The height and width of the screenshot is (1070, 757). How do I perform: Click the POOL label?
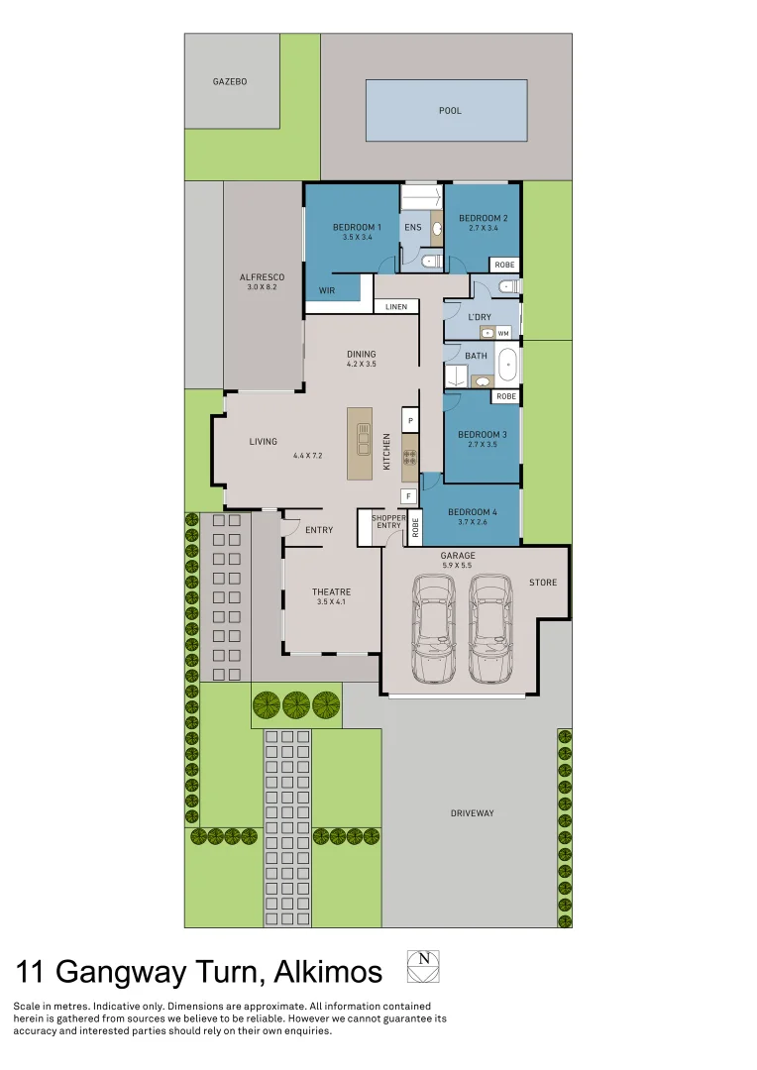click(450, 111)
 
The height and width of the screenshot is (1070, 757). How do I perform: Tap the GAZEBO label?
click(230, 81)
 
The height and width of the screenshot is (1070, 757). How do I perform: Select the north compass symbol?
click(423, 966)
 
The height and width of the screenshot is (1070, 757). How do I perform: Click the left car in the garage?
click(433, 630)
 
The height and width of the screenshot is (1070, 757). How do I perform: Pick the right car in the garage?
click(489, 630)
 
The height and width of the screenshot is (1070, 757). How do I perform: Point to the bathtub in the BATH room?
click(507, 365)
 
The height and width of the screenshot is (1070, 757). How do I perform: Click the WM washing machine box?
click(503, 334)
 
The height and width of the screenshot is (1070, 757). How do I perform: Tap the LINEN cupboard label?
click(396, 307)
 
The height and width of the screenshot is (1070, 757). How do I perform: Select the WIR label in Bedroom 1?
click(327, 290)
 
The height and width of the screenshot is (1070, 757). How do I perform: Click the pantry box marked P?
click(410, 421)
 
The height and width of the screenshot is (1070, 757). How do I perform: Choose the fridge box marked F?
click(407, 495)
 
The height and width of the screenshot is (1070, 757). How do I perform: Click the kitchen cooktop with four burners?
click(409, 458)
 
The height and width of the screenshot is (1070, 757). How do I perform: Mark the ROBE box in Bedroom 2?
click(505, 265)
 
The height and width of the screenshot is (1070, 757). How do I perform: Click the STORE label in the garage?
click(543, 583)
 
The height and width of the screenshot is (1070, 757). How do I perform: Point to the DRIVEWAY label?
click(472, 813)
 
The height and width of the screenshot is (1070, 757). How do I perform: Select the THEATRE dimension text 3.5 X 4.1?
click(332, 602)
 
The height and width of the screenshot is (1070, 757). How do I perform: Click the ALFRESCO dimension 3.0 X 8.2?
click(263, 287)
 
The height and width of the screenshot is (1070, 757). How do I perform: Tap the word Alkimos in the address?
click(324, 972)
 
